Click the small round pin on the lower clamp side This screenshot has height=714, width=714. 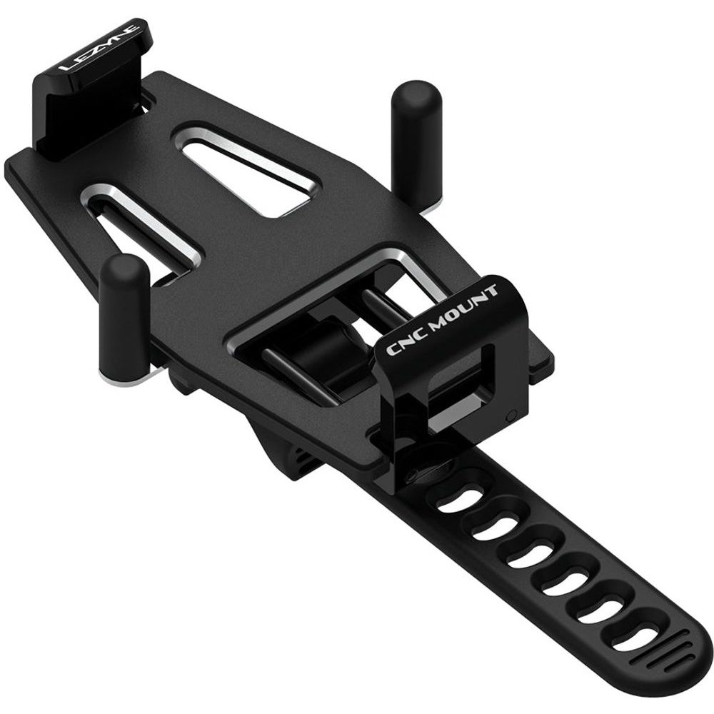pyautogui.click(x=510, y=415)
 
